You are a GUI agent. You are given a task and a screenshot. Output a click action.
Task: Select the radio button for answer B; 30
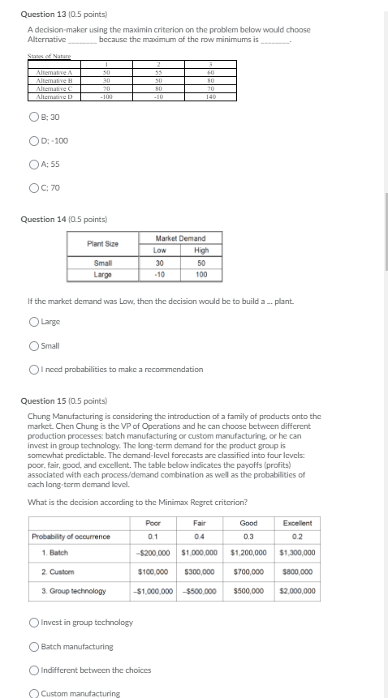[x=33, y=118]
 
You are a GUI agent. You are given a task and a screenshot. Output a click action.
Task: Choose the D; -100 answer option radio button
[x=33, y=141]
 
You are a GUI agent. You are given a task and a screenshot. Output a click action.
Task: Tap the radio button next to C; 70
[x=33, y=188]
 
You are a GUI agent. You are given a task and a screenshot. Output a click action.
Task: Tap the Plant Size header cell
[x=103, y=244]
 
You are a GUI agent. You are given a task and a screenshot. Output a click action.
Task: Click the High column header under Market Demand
[x=201, y=251]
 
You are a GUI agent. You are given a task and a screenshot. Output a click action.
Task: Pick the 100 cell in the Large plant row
[x=201, y=275]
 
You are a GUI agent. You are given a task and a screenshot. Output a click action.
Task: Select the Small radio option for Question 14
[x=33, y=346]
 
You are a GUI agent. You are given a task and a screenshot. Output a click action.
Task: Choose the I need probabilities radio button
[x=33, y=370]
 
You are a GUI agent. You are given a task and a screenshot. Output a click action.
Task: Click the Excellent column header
[x=297, y=524]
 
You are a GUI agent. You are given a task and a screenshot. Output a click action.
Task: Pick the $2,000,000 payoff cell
[x=297, y=591]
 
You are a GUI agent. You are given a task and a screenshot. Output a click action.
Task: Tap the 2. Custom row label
[x=57, y=572]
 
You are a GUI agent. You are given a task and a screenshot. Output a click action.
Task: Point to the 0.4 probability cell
[x=199, y=537]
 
